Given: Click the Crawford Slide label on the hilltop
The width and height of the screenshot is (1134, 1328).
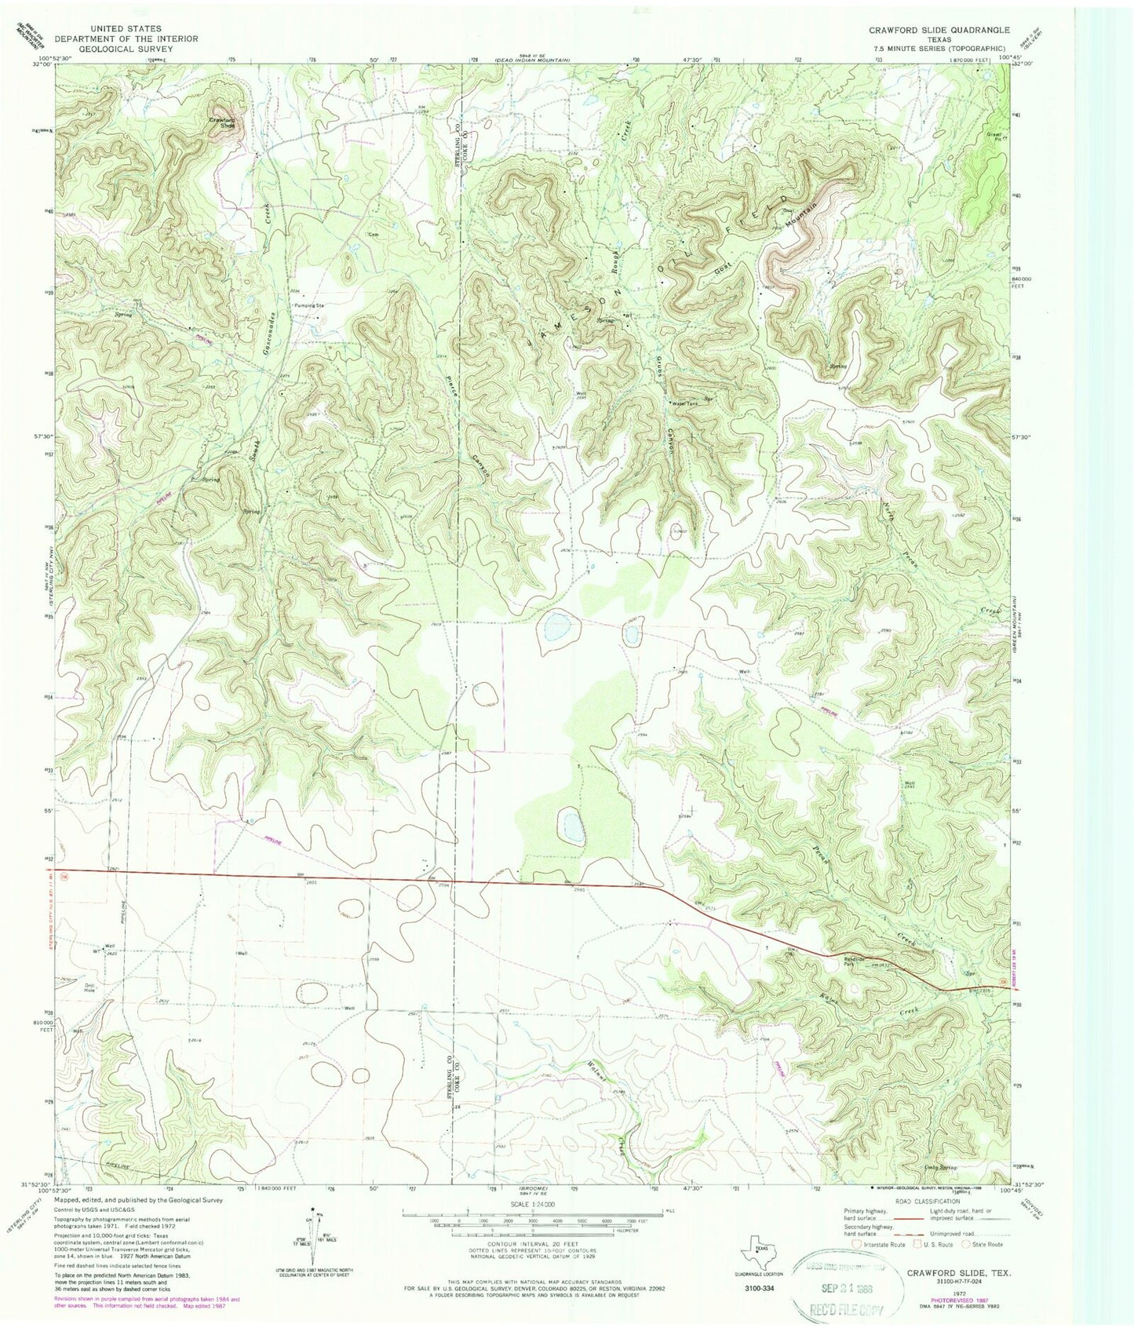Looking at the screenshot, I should tap(221, 122).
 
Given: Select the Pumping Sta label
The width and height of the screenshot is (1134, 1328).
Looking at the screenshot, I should tap(309, 305).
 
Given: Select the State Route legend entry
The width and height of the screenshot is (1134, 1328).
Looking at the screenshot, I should tap(986, 1245).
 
